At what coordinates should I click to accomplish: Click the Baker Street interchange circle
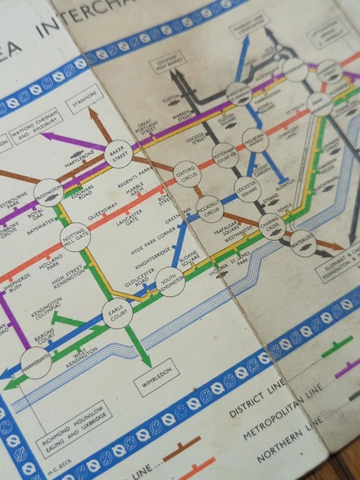point(118,153)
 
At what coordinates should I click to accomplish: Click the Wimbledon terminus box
point(157,384)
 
